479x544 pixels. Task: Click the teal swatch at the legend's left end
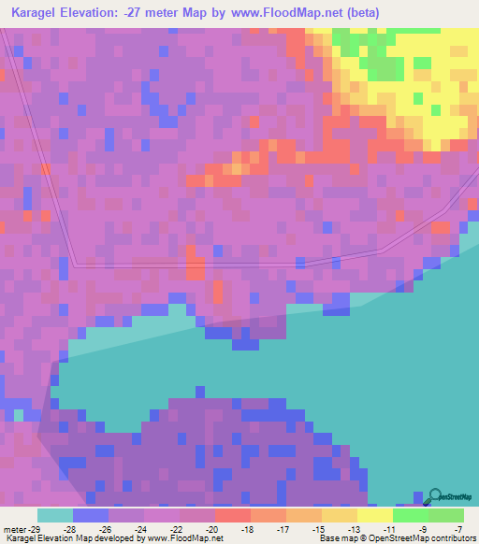(54, 515)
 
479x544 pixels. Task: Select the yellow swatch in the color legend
(374, 515)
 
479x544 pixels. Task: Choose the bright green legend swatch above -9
(410, 515)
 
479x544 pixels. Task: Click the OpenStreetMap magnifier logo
(436, 496)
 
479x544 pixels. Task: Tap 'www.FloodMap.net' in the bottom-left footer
(182, 538)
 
